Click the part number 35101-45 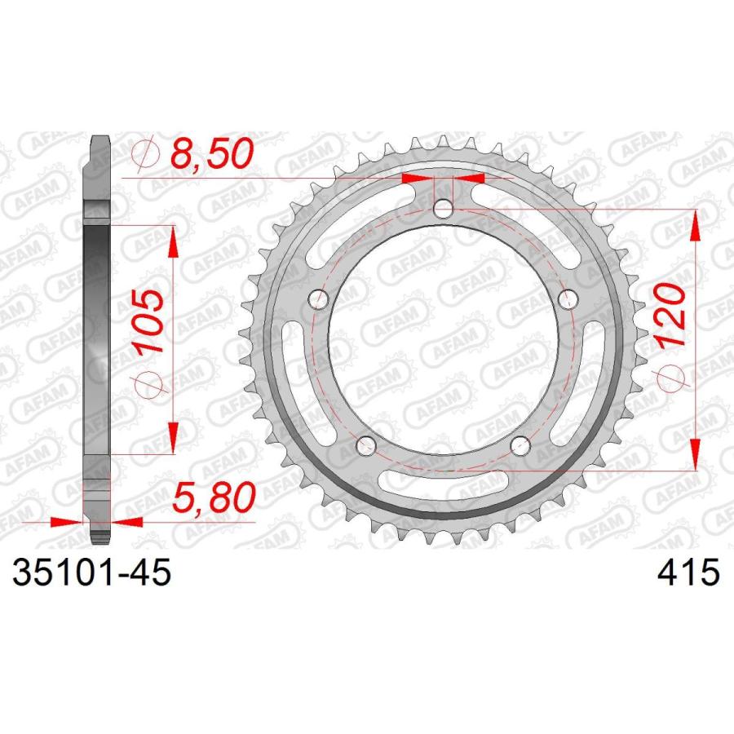coord(91,573)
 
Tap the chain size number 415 coord(688,573)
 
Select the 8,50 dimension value coord(211,153)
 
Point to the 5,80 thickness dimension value coord(214,497)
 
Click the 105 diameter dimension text coord(149,321)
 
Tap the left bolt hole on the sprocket coord(319,298)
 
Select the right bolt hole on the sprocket coord(568,298)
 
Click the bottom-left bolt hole coord(366,445)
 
